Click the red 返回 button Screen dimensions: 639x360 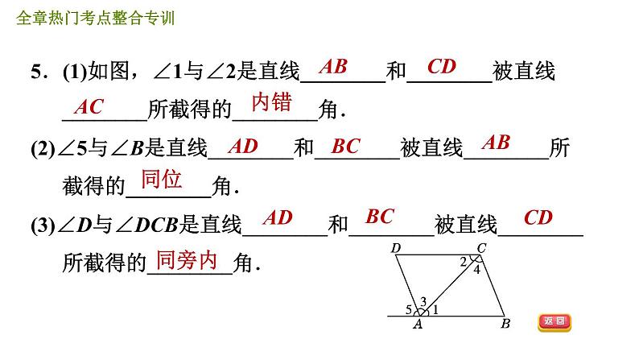tap(554, 322)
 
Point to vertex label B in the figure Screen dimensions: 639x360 tap(505, 325)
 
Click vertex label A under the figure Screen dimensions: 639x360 tap(418, 325)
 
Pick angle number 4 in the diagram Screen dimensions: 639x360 tap(476, 270)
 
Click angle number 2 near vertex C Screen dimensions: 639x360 tap(463, 261)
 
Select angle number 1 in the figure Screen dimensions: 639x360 tap(435, 309)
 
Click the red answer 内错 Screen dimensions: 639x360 tap(271, 102)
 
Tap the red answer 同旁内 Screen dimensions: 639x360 tap(186, 259)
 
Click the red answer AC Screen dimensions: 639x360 tap(89, 107)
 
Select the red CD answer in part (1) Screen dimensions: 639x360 tap(442, 67)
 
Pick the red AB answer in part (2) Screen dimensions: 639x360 tap(496, 143)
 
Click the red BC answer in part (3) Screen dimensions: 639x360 tap(380, 217)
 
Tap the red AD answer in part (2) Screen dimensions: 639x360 tap(243, 146)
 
